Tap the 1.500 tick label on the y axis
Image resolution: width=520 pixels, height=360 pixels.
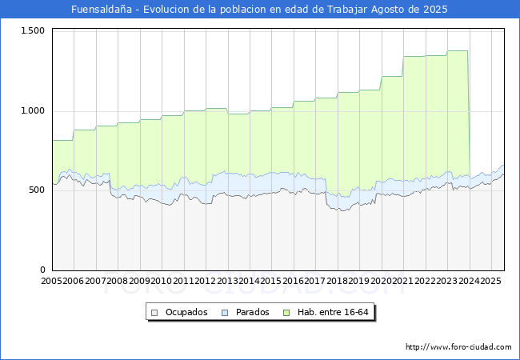point(33,30)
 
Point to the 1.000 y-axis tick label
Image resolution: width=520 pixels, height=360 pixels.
point(33,110)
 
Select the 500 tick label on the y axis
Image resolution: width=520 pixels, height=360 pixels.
point(38,190)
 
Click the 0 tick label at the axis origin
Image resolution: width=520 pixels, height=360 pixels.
point(43,270)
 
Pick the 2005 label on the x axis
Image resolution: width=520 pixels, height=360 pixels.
point(52,282)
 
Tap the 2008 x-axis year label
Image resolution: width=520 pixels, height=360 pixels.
point(118,282)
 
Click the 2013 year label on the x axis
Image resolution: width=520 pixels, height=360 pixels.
point(227,282)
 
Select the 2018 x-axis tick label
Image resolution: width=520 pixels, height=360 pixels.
point(337,282)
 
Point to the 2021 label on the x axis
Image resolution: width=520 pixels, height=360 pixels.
point(402,282)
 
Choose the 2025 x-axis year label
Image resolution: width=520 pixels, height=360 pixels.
point(490,282)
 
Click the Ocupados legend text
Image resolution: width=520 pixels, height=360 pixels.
point(186,312)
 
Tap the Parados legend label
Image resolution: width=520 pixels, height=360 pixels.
point(252,312)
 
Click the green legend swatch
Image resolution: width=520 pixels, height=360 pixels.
point(291,312)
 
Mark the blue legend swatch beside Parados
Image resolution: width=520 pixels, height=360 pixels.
point(226,312)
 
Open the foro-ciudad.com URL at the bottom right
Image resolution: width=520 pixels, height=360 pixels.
point(458,347)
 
